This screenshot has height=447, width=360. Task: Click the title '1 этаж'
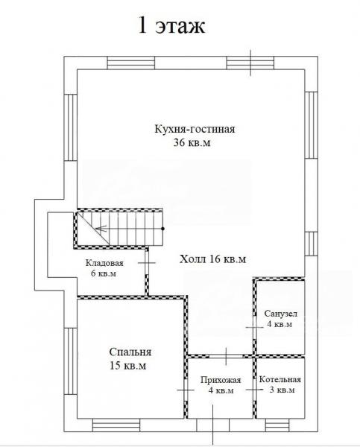click(x=171, y=25)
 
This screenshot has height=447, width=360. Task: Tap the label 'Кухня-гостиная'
click(x=195, y=129)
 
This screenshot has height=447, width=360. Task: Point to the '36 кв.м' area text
click(x=192, y=142)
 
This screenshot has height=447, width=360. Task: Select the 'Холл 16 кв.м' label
click(x=213, y=259)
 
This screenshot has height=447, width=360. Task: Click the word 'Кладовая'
click(x=104, y=263)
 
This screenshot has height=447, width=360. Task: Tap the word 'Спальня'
click(x=130, y=352)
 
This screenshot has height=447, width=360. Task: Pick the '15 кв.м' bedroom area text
click(x=127, y=366)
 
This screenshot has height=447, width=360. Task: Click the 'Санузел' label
click(x=281, y=314)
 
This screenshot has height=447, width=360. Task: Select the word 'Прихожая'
click(x=221, y=380)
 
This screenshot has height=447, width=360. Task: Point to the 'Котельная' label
click(x=280, y=380)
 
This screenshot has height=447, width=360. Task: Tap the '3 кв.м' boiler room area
click(x=282, y=390)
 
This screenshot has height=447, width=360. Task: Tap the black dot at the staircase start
click(x=163, y=229)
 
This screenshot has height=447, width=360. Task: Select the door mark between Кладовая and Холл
click(x=147, y=262)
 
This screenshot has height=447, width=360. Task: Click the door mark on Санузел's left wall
click(x=255, y=328)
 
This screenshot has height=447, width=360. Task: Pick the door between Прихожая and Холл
click(x=227, y=356)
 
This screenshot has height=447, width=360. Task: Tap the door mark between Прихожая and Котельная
click(x=255, y=390)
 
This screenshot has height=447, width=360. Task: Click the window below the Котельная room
click(x=277, y=426)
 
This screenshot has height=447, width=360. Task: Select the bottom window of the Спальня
click(x=116, y=426)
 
